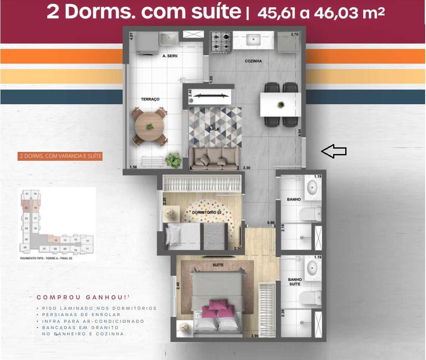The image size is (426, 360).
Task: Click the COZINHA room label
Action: [x=253, y=61]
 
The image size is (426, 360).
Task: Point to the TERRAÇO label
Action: [x=150, y=99]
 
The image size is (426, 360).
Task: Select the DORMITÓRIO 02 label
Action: [x=206, y=213]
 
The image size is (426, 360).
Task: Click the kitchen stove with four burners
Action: [x=221, y=41]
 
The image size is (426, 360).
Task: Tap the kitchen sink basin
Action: [x=254, y=40]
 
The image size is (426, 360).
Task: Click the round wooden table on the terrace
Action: [x=149, y=126]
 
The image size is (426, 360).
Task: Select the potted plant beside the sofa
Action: [x=173, y=160]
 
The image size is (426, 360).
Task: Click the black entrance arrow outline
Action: [x=334, y=151]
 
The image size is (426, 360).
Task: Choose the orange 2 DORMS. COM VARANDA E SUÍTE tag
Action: [x=60, y=156]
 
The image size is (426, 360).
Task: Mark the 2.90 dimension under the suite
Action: [x=255, y=336]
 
